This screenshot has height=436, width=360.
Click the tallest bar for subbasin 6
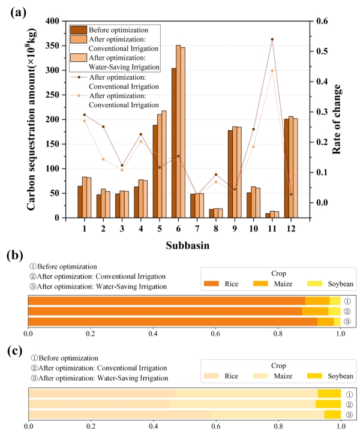178,132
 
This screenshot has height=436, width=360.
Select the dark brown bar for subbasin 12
287,169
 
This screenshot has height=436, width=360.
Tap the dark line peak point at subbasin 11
272,40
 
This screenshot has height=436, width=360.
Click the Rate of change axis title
337,120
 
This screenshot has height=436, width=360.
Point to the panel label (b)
14,255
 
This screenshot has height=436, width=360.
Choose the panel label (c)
14,350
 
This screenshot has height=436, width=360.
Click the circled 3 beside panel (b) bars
347,321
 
